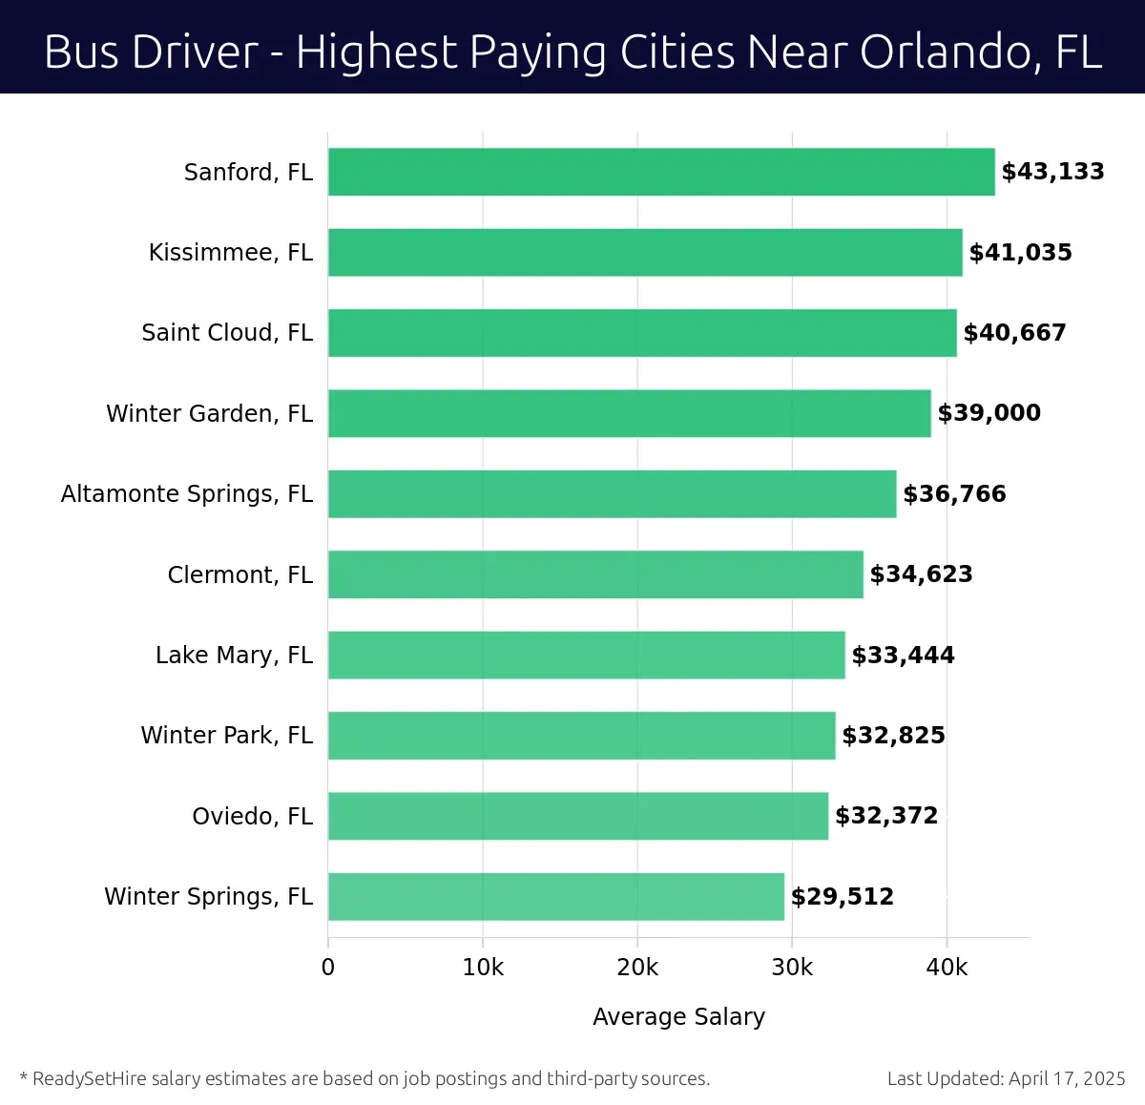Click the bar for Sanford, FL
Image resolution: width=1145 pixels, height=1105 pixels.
point(661,172)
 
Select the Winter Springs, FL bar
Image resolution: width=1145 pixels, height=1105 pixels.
point(556,897)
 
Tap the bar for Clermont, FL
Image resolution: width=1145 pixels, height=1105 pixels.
point(595,574)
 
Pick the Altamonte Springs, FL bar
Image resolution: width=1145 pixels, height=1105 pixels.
point(612,494)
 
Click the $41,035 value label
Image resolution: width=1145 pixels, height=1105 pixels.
point(1020,253)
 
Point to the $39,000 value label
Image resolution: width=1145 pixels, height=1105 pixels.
point(989,413)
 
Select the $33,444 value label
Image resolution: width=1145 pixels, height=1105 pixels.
point(903,656)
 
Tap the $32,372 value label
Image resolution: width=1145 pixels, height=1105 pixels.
point(886,816)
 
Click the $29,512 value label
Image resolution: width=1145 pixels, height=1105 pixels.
point(842,897)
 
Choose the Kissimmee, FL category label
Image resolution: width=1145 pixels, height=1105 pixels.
point(231,253)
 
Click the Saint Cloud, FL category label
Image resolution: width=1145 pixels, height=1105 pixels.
point(227,333)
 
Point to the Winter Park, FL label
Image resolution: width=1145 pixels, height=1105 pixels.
point(227,736)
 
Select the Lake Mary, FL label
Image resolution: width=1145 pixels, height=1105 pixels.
point(234,656)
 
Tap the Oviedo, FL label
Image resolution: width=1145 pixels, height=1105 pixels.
point(253,817)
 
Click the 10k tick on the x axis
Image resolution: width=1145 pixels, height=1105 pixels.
point(483,968)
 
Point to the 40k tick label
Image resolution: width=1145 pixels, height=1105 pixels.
point(947,968)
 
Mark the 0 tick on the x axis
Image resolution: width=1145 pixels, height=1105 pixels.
point(328,968)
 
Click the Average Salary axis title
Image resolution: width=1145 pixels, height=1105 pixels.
point(678,1017)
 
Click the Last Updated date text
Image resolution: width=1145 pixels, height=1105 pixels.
point(1006,1079)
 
